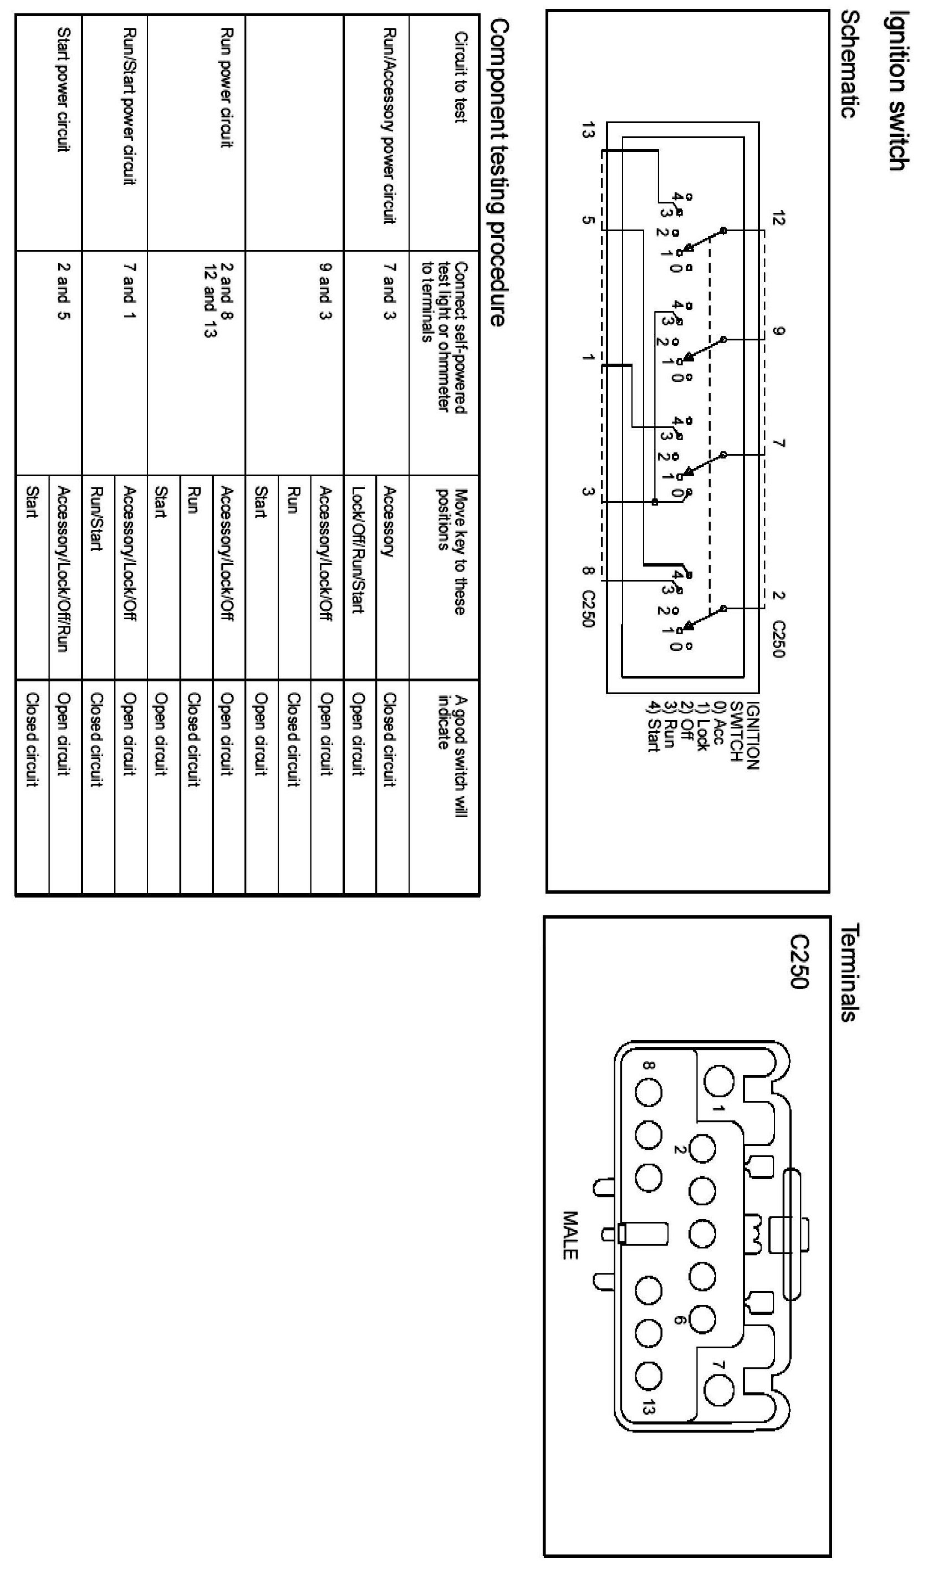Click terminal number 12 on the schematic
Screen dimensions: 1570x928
(x=778, y=219)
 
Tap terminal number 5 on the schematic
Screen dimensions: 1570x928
(x=588, y=220)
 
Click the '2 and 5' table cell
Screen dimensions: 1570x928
(x=63, y=290)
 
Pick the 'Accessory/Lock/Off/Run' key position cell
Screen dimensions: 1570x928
(x=63, y=569)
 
